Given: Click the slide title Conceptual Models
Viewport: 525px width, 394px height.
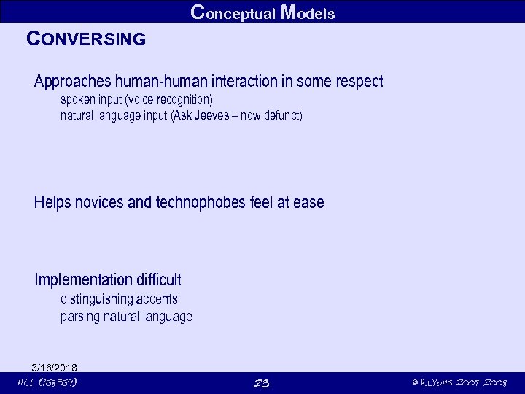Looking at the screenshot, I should click(x=262, y=12).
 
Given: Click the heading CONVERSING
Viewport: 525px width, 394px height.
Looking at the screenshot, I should click(x=86, y=39).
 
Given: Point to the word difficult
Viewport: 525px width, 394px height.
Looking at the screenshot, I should click(x=157, y=279).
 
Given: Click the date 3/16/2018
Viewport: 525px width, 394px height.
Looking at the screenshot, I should click(x=55, y=367).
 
